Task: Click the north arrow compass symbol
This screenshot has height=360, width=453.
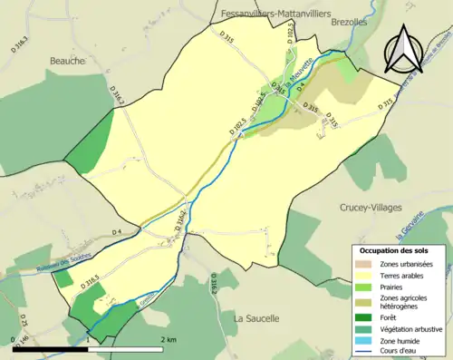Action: (x=406, y=49)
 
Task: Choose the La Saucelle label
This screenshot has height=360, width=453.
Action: (x=258, y=318)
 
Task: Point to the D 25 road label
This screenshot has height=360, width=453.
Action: (x=24, y=321)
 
